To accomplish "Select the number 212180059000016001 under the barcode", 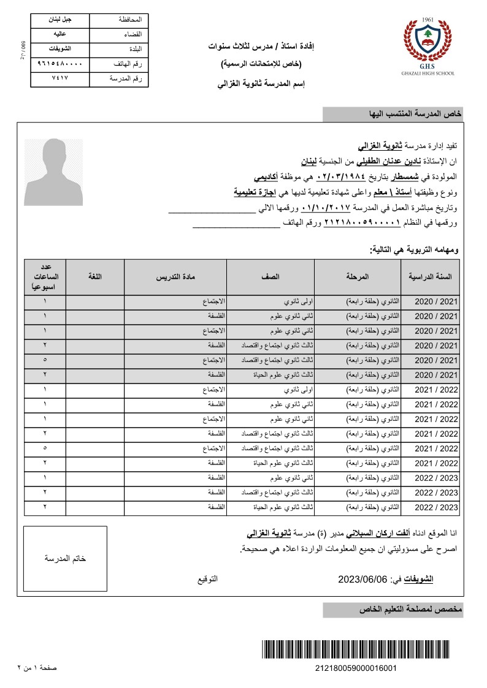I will point(355,668).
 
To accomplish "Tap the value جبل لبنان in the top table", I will point(59,20).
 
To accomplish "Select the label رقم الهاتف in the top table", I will point(128,64).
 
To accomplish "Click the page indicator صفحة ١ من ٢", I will point(36,667).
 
